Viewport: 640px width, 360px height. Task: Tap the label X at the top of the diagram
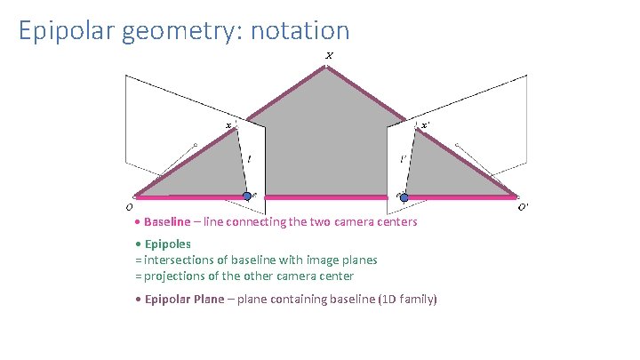click(x=329, y=56)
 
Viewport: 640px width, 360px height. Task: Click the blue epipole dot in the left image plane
click(x=247, y=196)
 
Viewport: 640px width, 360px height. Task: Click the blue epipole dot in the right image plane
click(x=404, y=196)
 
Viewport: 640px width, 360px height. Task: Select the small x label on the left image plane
click(x=228, y=126)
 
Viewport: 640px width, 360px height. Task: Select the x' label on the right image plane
click(x=426, y=125)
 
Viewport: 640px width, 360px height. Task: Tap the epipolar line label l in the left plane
click(x=249, y=160)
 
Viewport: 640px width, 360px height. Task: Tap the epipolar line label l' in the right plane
click(x=403, y=160)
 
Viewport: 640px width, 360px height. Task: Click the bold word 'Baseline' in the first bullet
click(x=167, y=221)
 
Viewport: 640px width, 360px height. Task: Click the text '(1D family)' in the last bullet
click(x=408, y=300)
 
